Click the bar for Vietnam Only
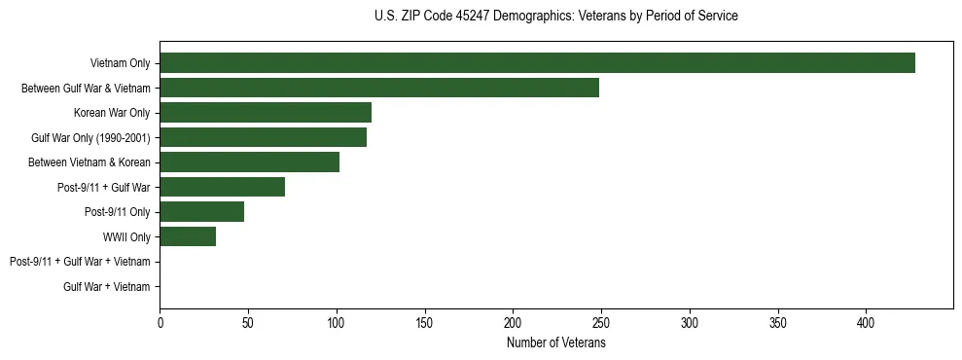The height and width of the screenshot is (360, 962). coord(537,62)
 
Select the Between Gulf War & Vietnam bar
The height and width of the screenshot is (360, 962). coord(379,88)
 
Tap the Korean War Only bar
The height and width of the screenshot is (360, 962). coord(266,113)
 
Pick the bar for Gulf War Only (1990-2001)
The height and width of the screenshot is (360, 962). coord(263,137)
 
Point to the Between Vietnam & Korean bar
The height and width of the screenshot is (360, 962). coord(249,162)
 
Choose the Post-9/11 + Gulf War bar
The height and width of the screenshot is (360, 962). coord(222,187)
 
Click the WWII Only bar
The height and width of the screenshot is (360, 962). coord(188,236)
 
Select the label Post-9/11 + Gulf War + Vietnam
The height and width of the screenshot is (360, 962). coord(80,262)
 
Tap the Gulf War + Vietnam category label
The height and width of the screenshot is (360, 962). coord(107,287)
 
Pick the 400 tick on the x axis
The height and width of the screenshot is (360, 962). coord(867,322)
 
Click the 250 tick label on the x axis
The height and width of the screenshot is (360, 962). coord(601,322)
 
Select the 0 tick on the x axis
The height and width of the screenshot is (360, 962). coord(160,322)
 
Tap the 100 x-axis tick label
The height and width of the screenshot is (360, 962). coord(337,322)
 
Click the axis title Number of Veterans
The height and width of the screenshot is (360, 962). coord(555,342)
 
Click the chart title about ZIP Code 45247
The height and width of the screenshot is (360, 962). coord(555,17)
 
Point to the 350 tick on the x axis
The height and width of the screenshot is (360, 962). coord(778,322)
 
